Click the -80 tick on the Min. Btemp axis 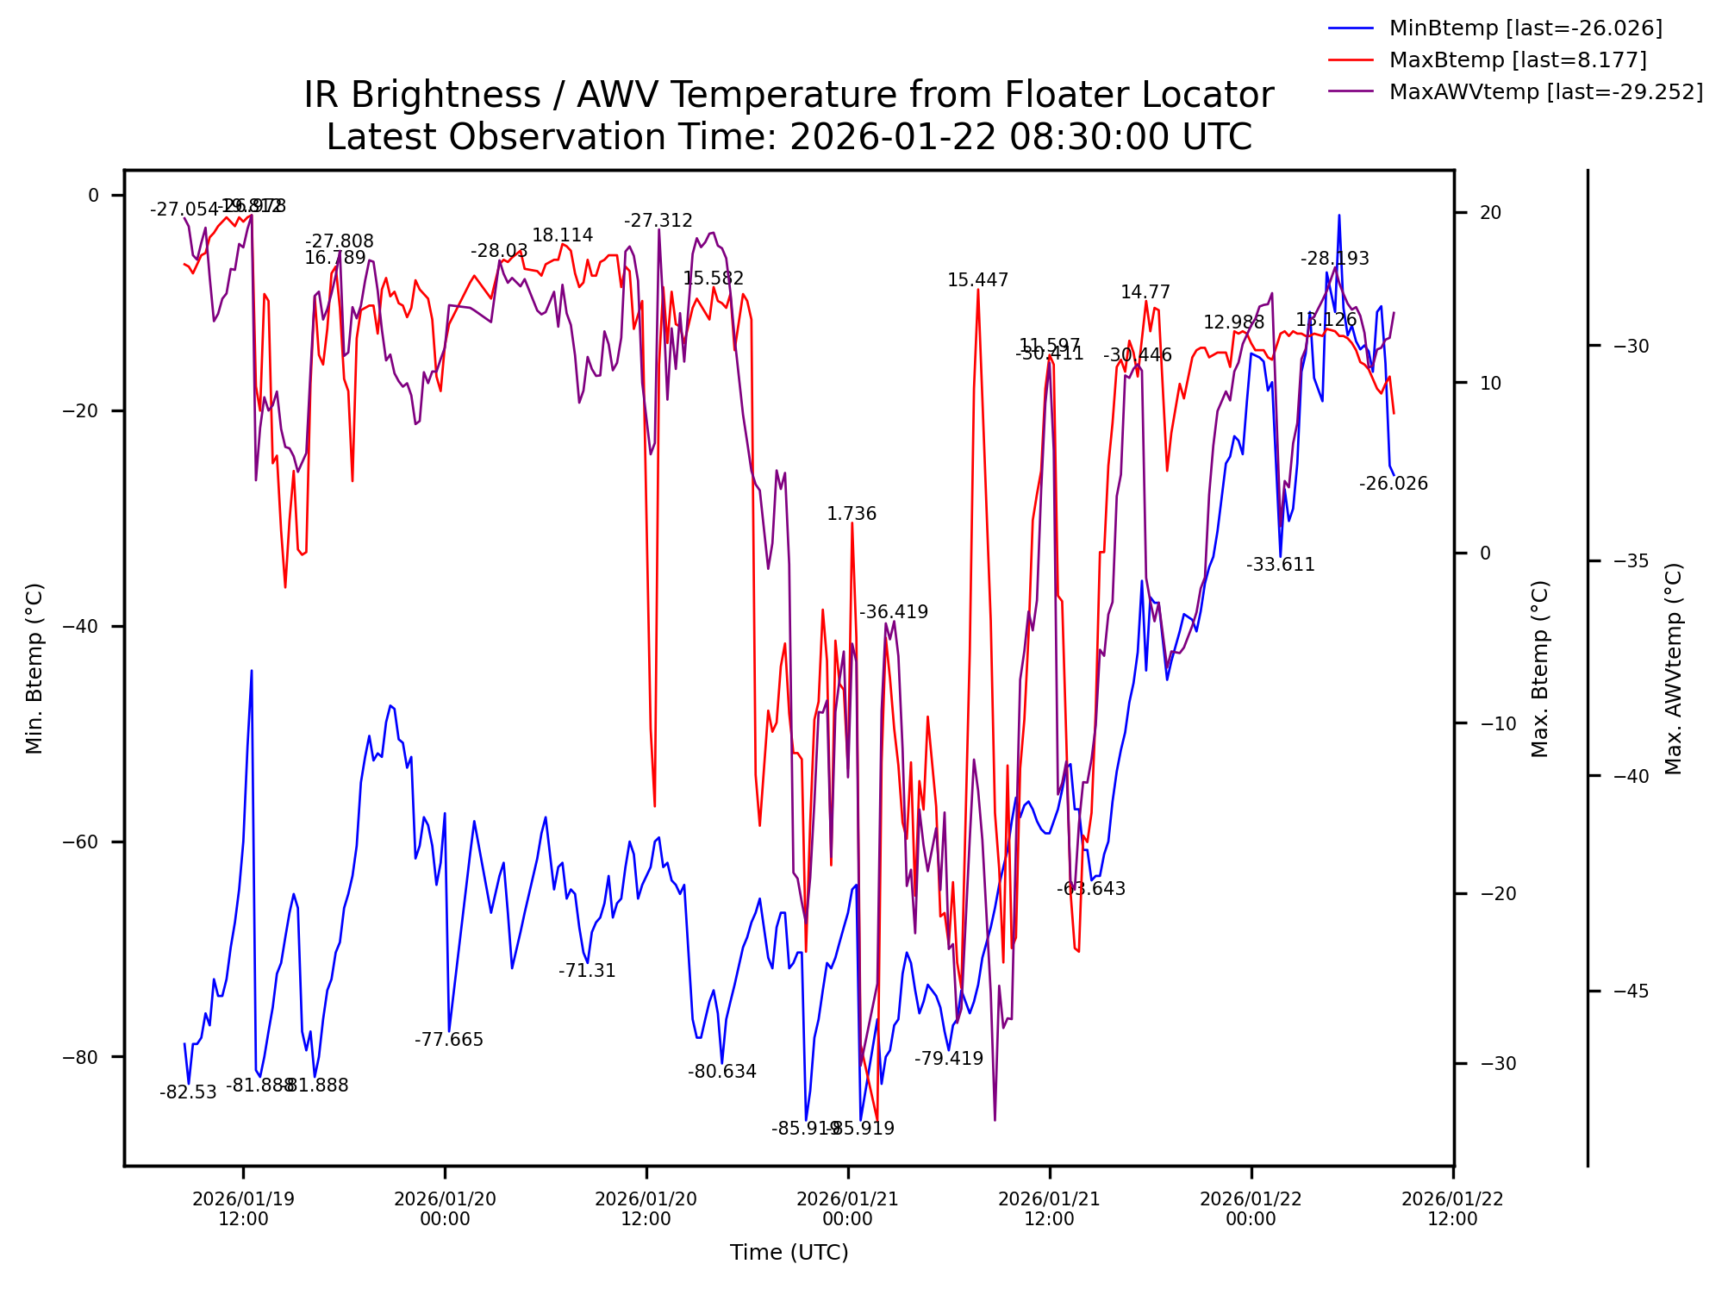[82, 1057]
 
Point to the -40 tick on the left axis [82, 627]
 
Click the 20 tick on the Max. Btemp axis [1490, 213]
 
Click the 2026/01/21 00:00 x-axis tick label [847, 1209]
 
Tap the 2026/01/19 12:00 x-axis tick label [243, 1209]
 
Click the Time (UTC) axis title [789, 1253]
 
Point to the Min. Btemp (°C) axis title [34, 669]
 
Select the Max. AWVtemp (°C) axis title [1674, 669]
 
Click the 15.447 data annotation [977, 280]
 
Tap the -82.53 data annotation [188, 1092]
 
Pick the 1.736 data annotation [851, 514]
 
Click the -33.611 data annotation [1280, 565]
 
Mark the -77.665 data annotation [448, 1040]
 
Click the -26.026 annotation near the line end [1393, 484]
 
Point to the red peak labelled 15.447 [977, 291]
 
